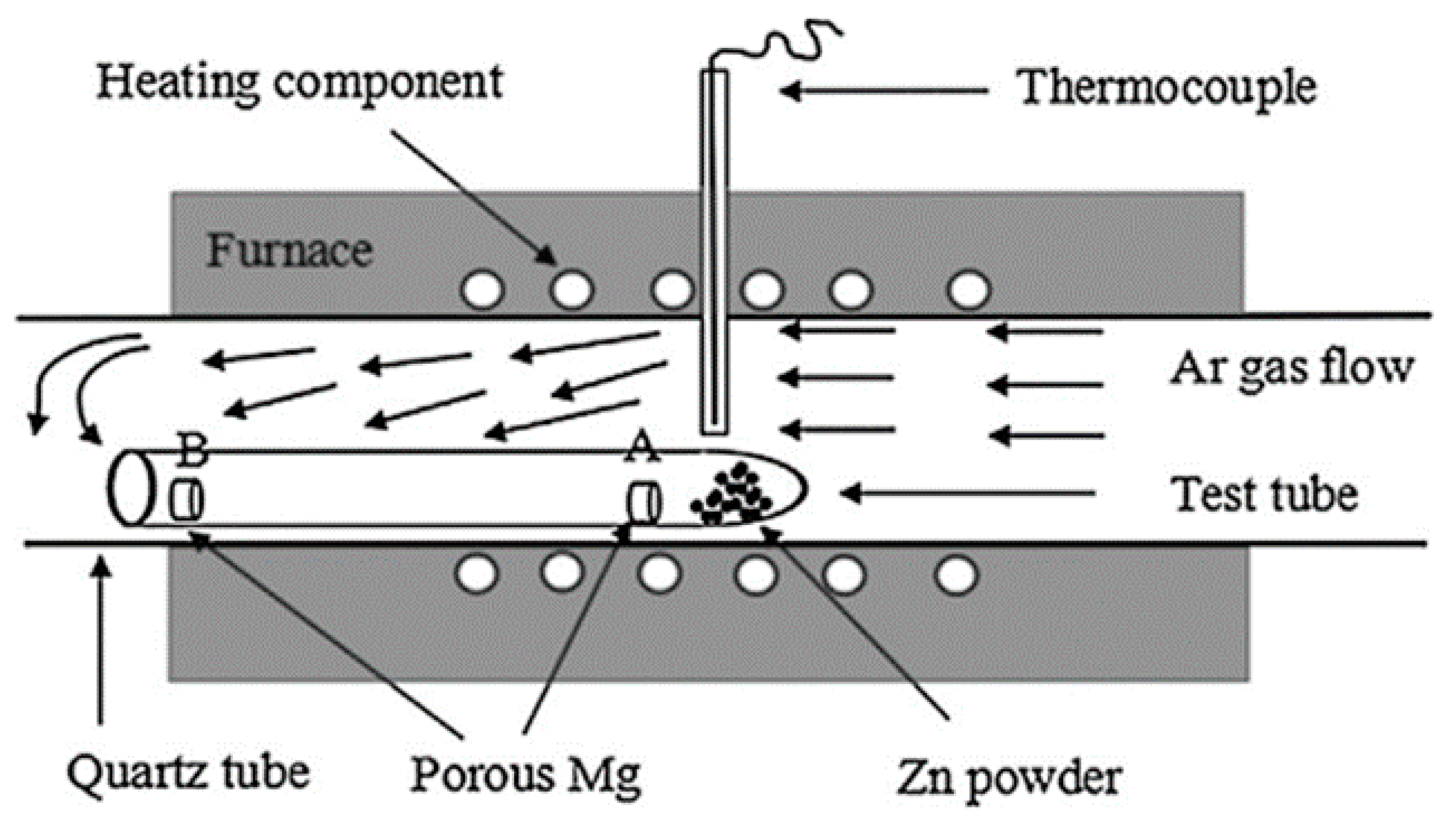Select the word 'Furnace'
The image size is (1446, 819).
[289, 251]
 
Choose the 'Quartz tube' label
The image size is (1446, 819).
[189, 773]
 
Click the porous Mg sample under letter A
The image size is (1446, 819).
[643, 502]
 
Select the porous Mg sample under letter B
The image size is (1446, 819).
[188, 499]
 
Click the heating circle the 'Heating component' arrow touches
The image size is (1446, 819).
[571, 290]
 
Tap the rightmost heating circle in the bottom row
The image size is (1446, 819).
[957, 575]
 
